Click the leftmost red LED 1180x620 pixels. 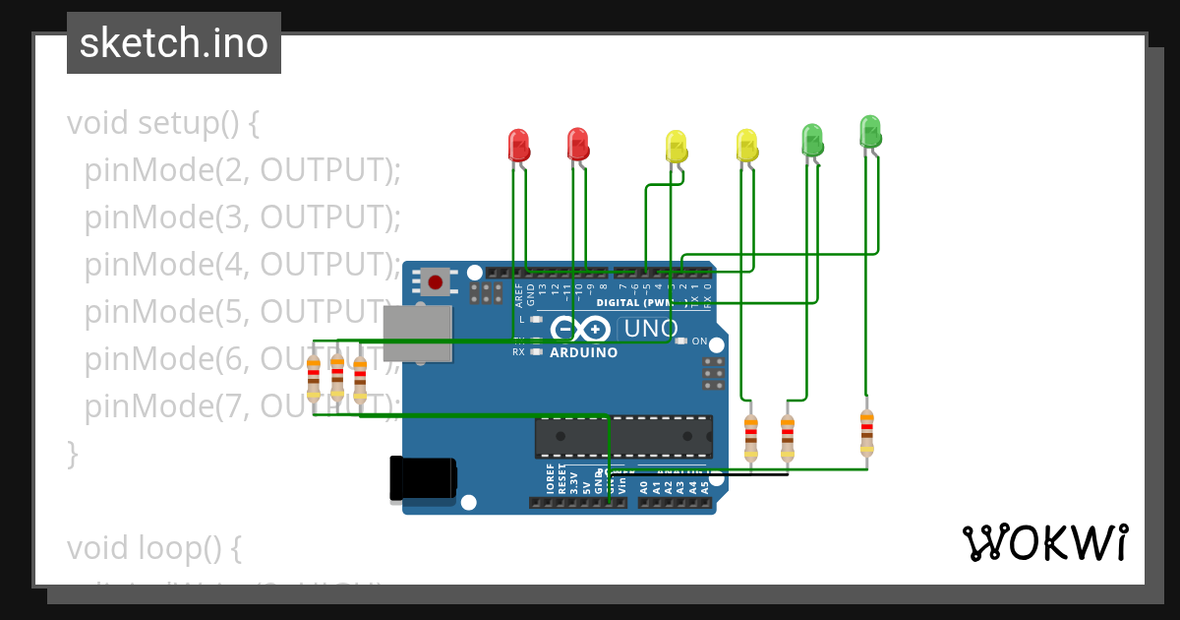(517, 145)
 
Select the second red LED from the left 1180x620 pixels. (577, 144)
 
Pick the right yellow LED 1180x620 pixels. (746, 145)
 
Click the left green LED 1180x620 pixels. (811, 139)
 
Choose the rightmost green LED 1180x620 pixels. (870, 131)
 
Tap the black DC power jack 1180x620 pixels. (423, 478)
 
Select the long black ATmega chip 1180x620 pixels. (623, 436)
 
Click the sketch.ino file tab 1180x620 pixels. (174, 43)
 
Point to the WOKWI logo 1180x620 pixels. (1044, 542)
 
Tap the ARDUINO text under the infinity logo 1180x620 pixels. (583, 352)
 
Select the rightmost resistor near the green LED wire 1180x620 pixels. (866, 433)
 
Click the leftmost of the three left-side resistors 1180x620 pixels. (313, 378)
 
